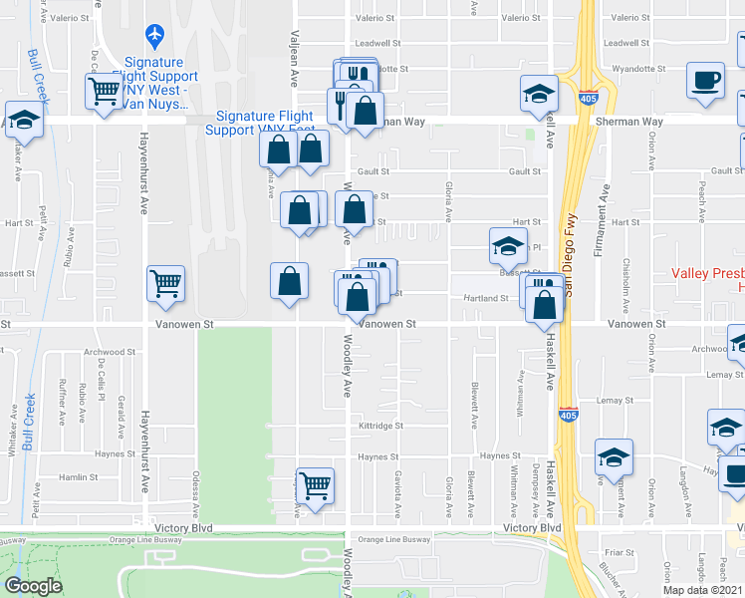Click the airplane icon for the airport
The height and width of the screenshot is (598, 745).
[154, 36]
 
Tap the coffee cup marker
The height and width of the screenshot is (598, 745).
[707, 81]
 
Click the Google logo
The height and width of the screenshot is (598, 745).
[33, 585]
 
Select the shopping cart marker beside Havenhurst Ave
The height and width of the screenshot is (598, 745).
[165, 283]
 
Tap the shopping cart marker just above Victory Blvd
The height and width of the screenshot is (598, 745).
[315, 486]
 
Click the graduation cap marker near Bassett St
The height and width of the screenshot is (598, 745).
[508, 245]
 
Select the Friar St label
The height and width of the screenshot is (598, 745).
[619, 550]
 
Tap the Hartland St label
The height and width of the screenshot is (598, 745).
[491, 298]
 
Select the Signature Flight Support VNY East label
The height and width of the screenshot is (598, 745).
[259, 123]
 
